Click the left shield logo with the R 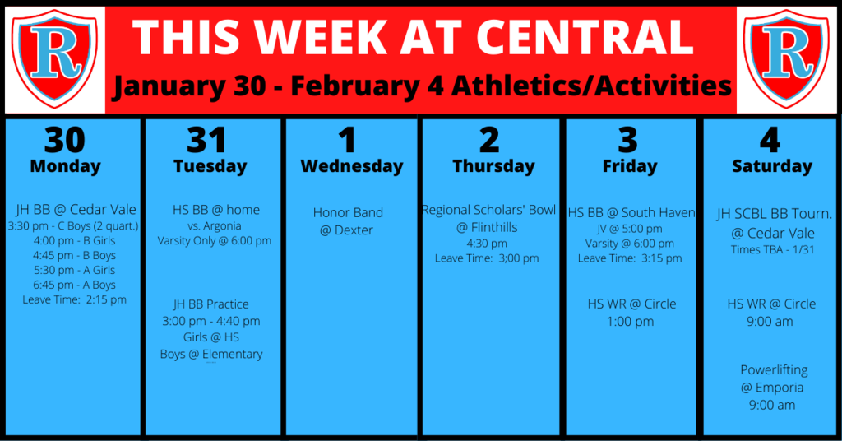[55, 58]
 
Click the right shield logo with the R [787, 58]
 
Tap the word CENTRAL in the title [585, 37]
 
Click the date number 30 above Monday [65, 140]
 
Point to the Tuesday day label [210, 166]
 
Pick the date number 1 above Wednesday [347, 140]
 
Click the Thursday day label [493, 166]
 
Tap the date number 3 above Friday [627, 140]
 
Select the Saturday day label [772, 166]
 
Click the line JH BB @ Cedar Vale [76, 210]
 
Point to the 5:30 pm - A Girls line [74, 270]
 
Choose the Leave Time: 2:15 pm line [74, 299]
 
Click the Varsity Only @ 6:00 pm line [215, 240]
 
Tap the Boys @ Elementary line [211, 355]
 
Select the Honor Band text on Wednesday [348, 213]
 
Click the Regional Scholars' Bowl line [488, 210]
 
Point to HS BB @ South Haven [631, 213]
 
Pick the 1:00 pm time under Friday [631, 322]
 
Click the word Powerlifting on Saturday [774, 370]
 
